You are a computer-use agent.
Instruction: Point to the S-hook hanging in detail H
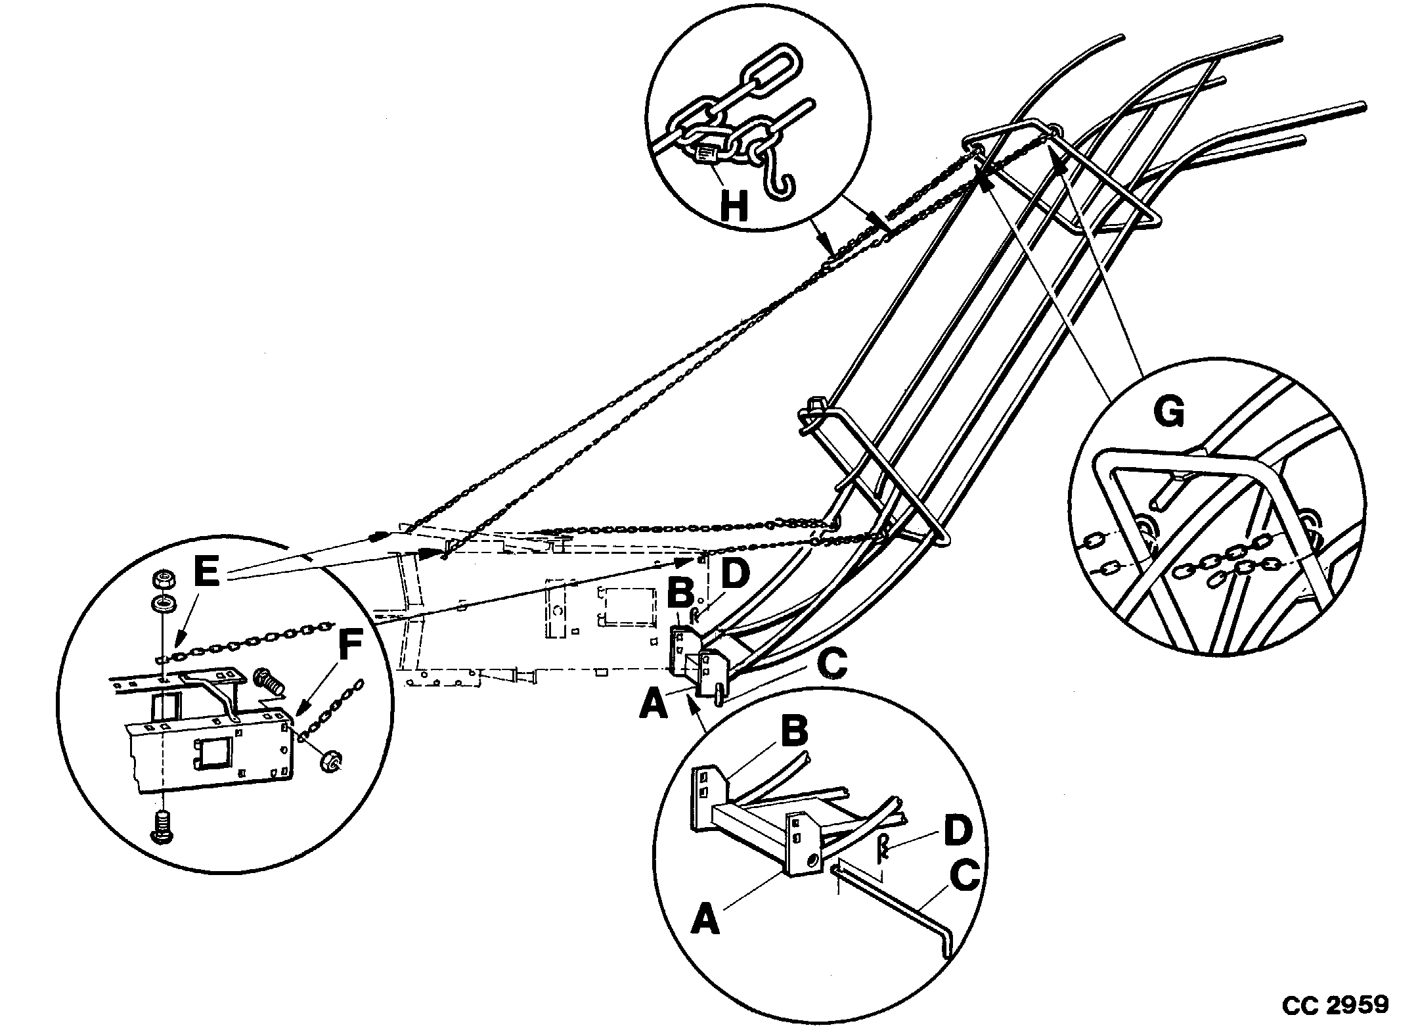pos(778,180)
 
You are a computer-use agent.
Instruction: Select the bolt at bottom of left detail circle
pos(161,826)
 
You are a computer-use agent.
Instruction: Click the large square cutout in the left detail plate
pos(213,752)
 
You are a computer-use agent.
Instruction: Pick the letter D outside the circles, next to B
pos(734,572)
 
